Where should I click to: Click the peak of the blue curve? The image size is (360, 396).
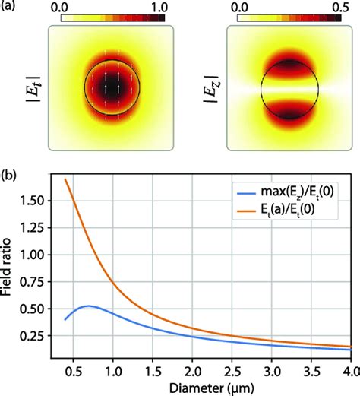tap(90, 306)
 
